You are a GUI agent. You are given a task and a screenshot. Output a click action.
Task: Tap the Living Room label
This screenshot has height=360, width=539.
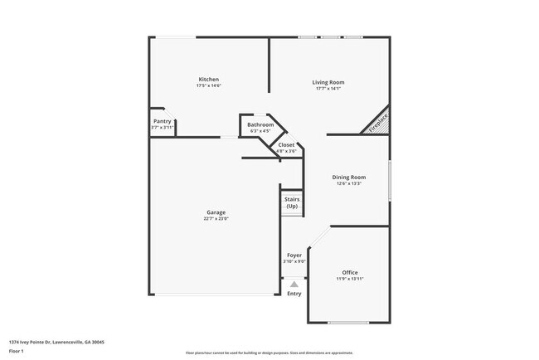pos(328,82)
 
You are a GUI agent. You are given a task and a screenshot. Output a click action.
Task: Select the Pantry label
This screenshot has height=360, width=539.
pos(162,121)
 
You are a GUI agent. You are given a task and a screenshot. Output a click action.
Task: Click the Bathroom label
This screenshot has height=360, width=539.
pos(260,124)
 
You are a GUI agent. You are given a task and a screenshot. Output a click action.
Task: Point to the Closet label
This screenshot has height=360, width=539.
pos(286,145)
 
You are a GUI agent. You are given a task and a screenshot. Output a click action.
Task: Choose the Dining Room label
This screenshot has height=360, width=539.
pos(349,177)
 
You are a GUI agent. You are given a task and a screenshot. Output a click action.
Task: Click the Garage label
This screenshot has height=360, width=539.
pos(216,212)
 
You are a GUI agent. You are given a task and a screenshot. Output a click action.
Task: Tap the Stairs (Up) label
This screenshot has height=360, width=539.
pos(292,202)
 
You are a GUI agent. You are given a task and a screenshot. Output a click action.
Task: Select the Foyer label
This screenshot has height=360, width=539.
pos(294,255)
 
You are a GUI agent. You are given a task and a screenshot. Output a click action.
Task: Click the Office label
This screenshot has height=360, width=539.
pos(350,272)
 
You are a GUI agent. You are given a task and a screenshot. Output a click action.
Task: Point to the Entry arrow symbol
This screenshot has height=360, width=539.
pos(294,284)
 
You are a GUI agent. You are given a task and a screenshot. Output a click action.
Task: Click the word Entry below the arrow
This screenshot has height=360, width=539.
pos(294,294)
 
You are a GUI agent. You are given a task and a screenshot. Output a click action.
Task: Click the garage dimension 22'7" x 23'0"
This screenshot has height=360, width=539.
pos(216,219)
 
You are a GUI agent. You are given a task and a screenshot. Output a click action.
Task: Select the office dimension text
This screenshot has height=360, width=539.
pos(350,279)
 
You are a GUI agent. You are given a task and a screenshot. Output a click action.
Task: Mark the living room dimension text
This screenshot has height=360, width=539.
pos(328,90)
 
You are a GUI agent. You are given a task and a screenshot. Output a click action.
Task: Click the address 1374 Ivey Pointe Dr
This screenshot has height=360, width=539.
pos(57,342)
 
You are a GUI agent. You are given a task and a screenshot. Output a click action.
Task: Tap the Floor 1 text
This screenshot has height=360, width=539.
pos(17,351)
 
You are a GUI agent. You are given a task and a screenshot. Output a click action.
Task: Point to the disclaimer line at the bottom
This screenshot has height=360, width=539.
pos(269,353)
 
